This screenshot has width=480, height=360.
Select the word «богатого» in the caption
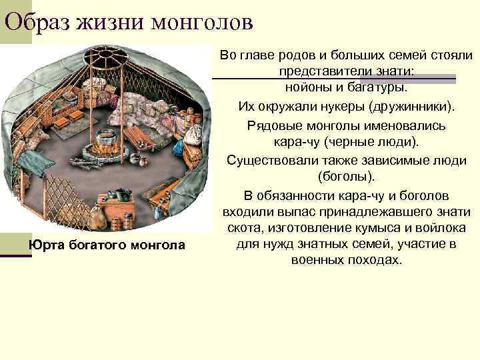tap(102, 246)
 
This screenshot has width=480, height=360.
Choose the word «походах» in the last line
tap(376, 260)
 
